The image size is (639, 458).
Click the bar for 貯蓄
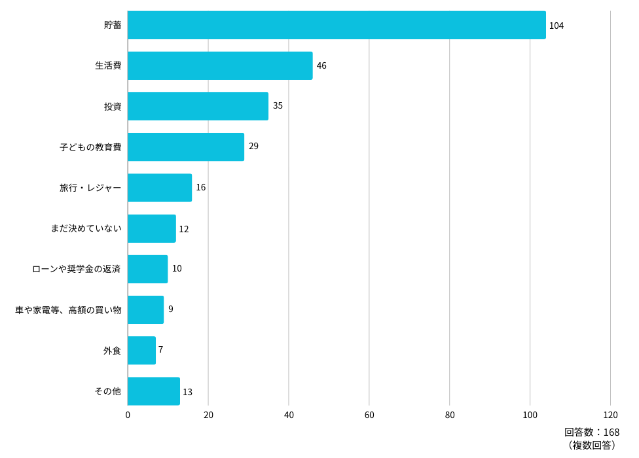[337, 26]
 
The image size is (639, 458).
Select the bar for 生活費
[220, 65]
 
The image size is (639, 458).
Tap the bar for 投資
[198, 106]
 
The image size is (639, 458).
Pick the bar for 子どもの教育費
[186, 147]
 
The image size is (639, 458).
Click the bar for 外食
[142, 351]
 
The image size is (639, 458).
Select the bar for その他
[154, 391]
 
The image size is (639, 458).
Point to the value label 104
[557, 26]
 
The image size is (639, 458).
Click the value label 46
[321, 65]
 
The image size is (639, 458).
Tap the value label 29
[253, 146]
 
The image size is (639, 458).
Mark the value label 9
[171, 309]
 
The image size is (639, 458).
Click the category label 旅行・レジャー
[90, 188]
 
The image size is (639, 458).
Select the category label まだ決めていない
[86, 228]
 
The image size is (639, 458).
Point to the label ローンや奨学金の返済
[76, 269]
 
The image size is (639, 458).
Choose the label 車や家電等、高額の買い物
[69, 310]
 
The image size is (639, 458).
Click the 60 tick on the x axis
[369, 415]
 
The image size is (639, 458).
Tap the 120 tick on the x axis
[610, 415]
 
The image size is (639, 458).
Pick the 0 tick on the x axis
[128, 415]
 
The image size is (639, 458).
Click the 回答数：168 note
[592, 432]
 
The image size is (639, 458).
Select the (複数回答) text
[592, 445]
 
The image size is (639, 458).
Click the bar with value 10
[147, 269]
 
